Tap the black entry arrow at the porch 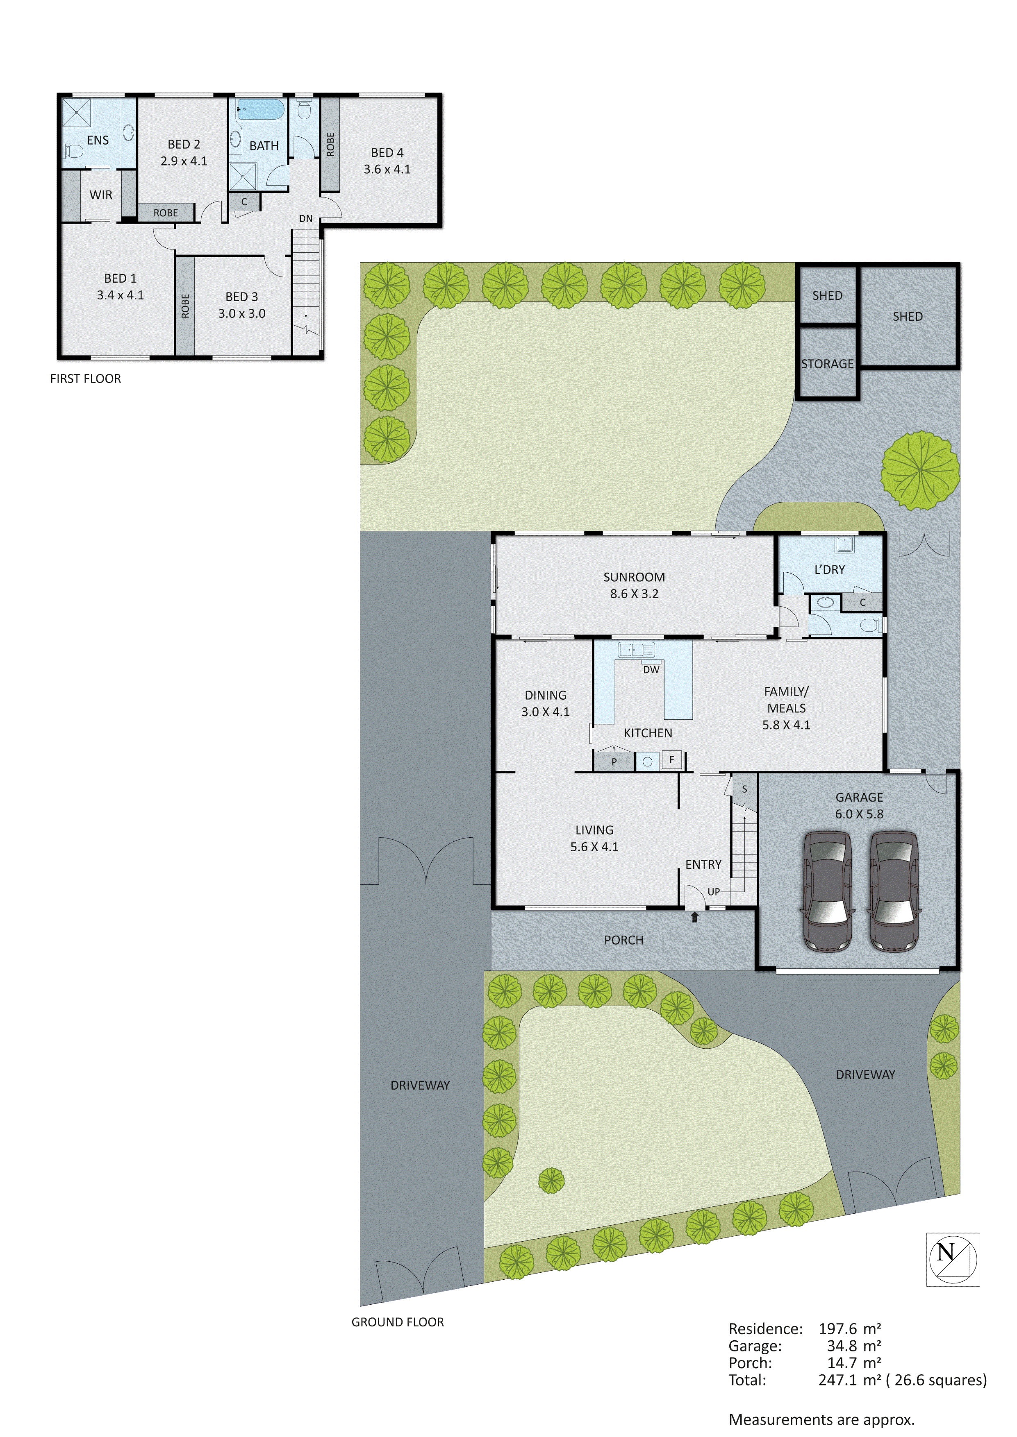pyautogui.click(x=694, y=917)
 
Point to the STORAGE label pyautogui.click(x=827, y=364)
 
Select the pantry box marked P pyautogui.click(x=614, y=762)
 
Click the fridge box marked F pyautogui.click(x=671, y=760)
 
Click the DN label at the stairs pyautogui.click(x=306, y=218)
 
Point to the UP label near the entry pyautogui.click(x=713, y=891)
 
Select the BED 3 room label pyautogui.click(x=242, y=305)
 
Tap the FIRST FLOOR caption pyautogui.click(x=86, y=379)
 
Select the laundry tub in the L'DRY pyautogui.click(x=844, y=544)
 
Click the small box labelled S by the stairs pyautogui.click(x=744, y=789)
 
